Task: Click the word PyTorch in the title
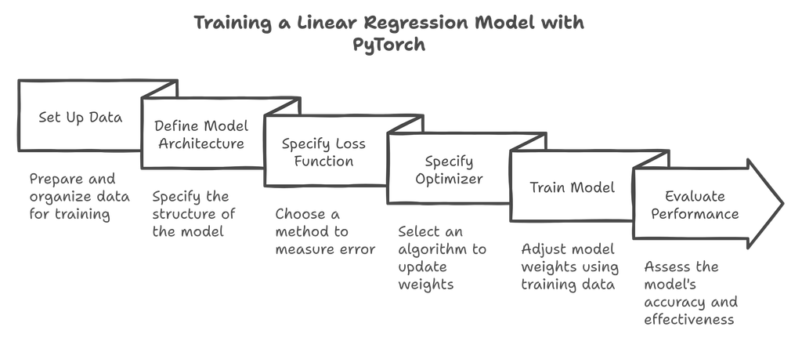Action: point(388,44)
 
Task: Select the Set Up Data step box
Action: point(81,118)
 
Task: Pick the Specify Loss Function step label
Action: point(323,153)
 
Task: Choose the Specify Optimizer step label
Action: point(449,170)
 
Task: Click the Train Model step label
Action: point(572,188)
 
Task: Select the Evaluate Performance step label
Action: point(695,205)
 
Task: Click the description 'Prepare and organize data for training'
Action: point(71,195)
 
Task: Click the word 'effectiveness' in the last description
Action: point(689,320)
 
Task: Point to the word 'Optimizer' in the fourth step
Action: point(449,179)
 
